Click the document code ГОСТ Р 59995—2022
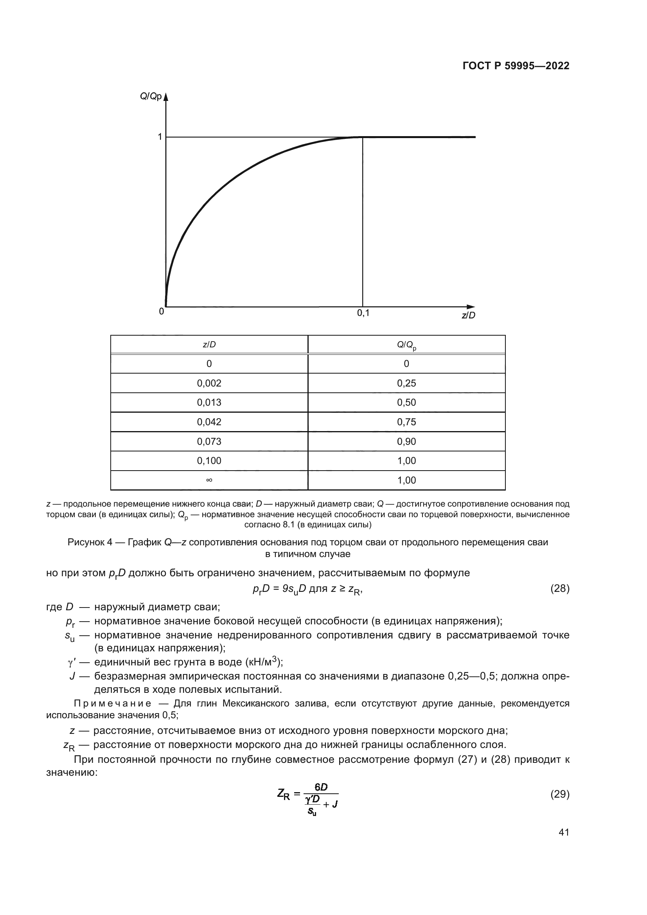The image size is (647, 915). click(516, 66)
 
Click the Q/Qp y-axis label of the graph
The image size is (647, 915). click(151, 97)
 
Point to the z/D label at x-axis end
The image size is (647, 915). click(469, 315)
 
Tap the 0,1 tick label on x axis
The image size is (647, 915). click(363, 313)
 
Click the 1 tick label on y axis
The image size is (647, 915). click(160, 137)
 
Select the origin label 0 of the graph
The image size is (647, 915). click(161, 312)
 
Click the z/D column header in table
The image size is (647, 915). click(209, 344)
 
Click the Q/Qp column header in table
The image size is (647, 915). click(406, 345)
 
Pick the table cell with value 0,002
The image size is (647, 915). click(209, 383)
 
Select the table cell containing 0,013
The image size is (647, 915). click(209, 403)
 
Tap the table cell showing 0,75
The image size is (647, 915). click(406, 422)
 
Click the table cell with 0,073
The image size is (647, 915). click(209, 442)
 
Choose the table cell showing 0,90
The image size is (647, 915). click(406, 442)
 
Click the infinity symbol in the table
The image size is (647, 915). click(209, 480)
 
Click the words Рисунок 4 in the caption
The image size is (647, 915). click(90, 542)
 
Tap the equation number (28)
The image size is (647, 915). click(560, 589)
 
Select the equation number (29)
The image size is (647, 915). click(560, 794)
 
